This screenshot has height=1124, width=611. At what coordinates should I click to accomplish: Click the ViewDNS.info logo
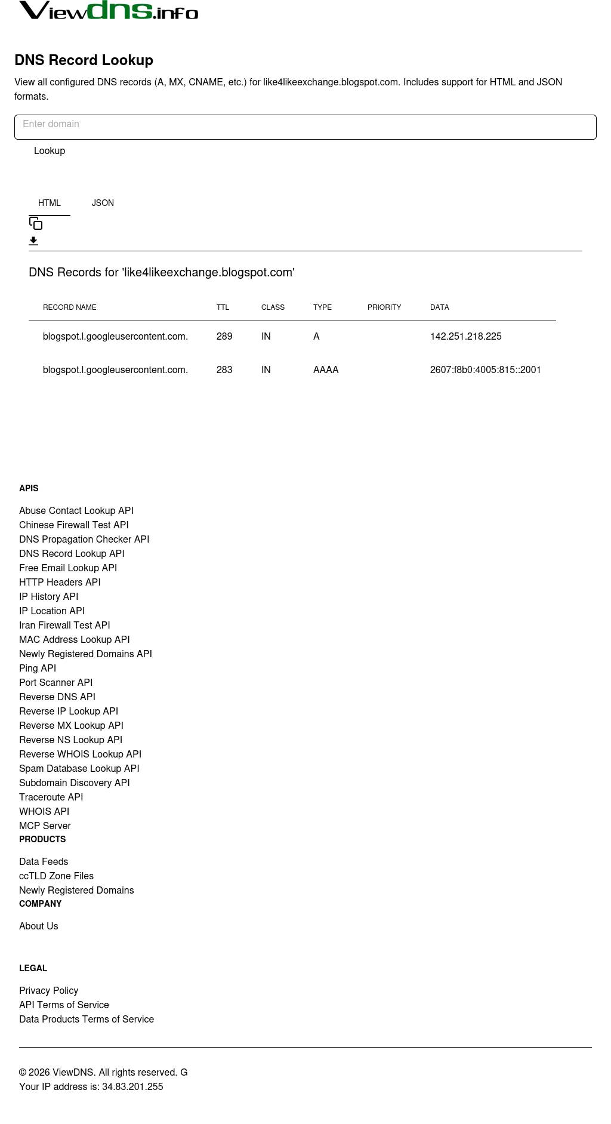pyautogui.click(x=109, y=11)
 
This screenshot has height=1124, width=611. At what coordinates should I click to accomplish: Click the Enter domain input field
pyautogui.click(x=305, y=127)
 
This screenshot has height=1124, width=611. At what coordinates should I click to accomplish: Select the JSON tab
pyautogui.click(x=103, y=203)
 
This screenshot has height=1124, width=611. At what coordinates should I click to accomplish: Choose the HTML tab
pyautogui.click(x=50, y=203)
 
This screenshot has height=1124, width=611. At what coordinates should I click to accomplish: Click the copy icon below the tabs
pyautogui.click(x=36, y=223)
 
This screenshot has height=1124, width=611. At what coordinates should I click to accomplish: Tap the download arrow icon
pyautogui.click(x=33, y=241)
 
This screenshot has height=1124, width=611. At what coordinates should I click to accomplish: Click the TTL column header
pyautogui.click(x=223, y=307)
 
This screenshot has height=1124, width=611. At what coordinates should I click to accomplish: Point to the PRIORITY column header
pyautogui.click(x=384, y=307)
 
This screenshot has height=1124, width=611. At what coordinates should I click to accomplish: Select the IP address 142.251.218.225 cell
pyautogui.click(x=465, y=337)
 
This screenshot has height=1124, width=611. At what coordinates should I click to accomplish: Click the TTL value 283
pyautogui.click(x=224, y=370)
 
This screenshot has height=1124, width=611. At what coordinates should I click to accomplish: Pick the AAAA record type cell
pyautogui.click(x=326, y=370)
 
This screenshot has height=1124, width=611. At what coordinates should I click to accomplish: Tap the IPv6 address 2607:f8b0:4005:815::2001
pyautogui.click(x=485, y=370)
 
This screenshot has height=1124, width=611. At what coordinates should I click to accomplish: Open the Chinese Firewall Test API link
pyautogui.click(x=74, y=525)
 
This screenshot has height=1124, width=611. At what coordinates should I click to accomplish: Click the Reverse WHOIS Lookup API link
pyautogui.click(x=80, y=755)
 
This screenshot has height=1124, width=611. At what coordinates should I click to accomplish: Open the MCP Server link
pyautogui.click(x=45, y=826)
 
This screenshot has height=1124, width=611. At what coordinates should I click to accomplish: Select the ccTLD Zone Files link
pyautogui.click(x=56, y=876)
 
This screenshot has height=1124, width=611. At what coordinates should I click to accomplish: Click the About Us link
pyautogui.click(x=39, y=926)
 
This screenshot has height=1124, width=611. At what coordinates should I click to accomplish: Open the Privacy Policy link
pyautogui.click(x=48, y=991)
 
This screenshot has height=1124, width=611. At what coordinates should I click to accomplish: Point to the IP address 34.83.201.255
pyautogui.click(x=132, y=1087)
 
